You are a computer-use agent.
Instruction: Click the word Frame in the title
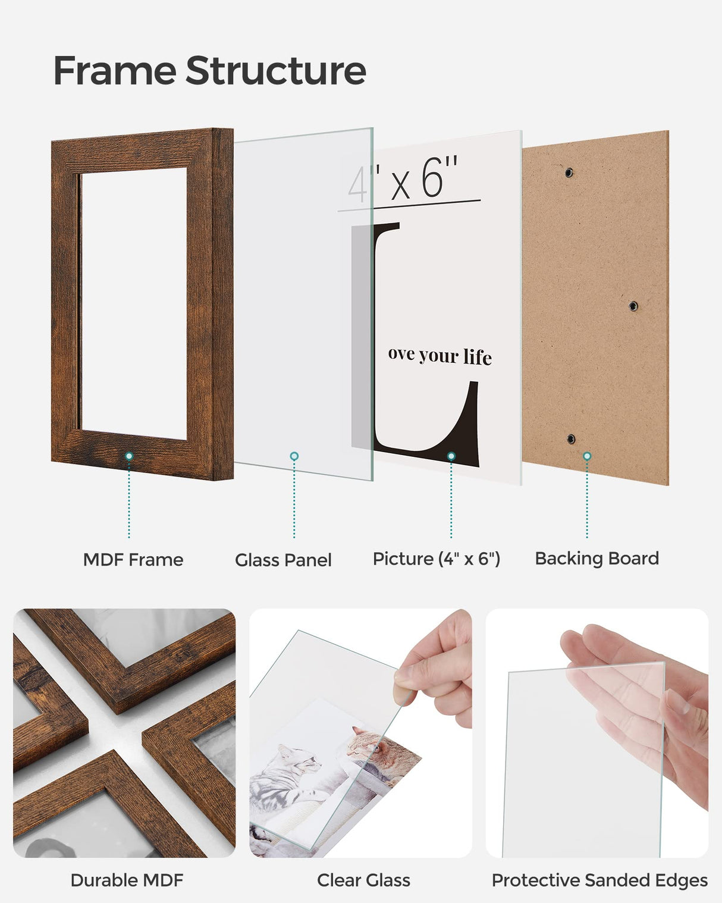pyautogui.click(x=114, y=71)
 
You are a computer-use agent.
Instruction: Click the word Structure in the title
pyautogui.click(x=276, y=71)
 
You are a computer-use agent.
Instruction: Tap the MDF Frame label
pyautogui.click(x=133, y=560)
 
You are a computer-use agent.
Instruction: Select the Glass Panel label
pyautogui.click(x=283, y=560)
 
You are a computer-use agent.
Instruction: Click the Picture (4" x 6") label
pyautogui.click(x=436, y=559)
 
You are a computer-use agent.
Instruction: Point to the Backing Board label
pyautogui.click(x=597, y=559)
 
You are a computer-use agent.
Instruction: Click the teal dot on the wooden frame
pyautogui.click(x=129, y=456)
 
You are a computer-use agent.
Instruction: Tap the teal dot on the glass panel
pyautogui.click(x=294, y=456)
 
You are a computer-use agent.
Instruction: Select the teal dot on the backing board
pyautogui.click(x=587, y=456)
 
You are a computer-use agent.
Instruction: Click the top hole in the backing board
pyautogui.click(x=569, y=173)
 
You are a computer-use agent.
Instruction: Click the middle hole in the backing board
pyautogui.click(x=633, y=306)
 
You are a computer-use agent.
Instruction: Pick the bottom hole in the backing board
pyautogui.click(x=571, y=439)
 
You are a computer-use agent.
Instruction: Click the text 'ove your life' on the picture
pyautogui.click(x=440, y=355)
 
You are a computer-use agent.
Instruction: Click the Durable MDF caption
pyautogui.click(x=127, y=880)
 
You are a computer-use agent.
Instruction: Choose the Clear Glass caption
pyautogui.click(x=363, y=880)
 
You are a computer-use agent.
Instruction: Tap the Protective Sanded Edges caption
pyautogui.click(x=599, y=880)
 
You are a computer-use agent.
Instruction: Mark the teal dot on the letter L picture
pyautogui.click(x=451, y=456)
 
